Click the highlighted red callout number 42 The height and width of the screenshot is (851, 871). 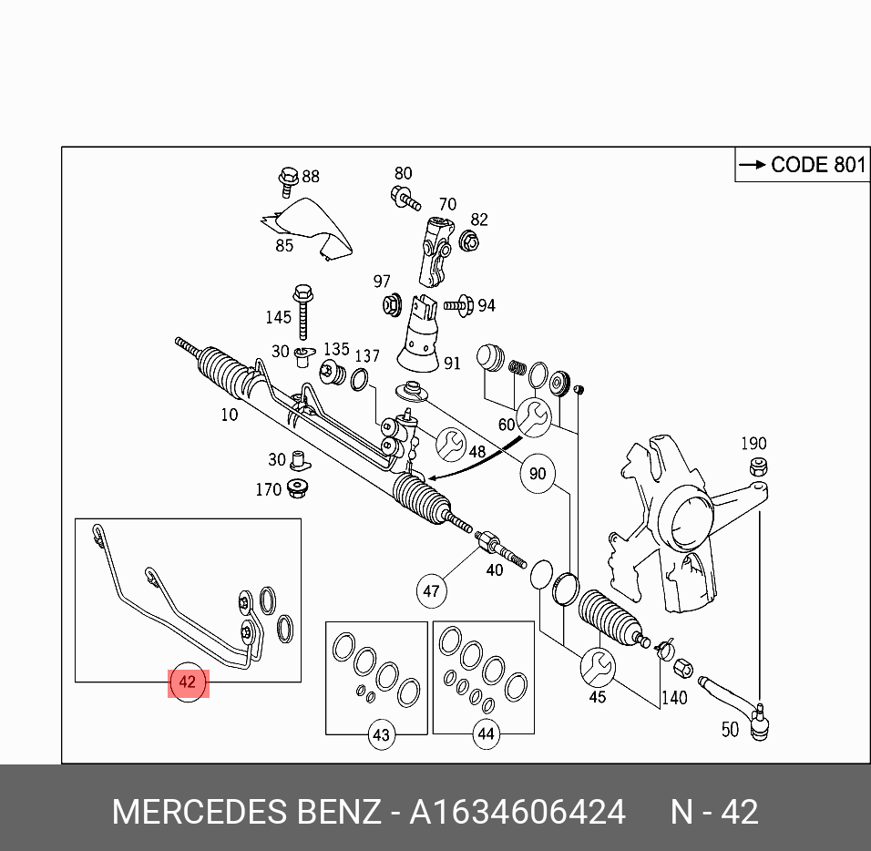(188, 682)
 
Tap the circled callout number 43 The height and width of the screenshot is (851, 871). (382, 734)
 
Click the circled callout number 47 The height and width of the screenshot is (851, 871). (432, 591)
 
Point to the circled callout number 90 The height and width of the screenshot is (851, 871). (538, 474)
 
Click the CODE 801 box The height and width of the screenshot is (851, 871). (802, 165)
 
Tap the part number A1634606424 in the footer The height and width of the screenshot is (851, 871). (517, 811)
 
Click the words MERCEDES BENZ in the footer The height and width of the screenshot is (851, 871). (246, 811)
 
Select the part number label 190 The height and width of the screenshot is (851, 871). (753, 444)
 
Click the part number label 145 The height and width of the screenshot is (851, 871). (278, 317)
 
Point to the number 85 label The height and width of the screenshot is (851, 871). (284, 245)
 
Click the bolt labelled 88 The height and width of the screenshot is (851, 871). (288, 178)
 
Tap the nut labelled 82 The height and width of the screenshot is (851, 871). (471, 241)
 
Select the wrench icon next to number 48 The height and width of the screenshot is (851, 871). (448, 444)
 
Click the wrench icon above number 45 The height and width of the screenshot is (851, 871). (598, 665)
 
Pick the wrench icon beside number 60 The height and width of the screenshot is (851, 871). (532, 415)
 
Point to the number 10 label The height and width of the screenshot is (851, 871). (229, 415)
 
